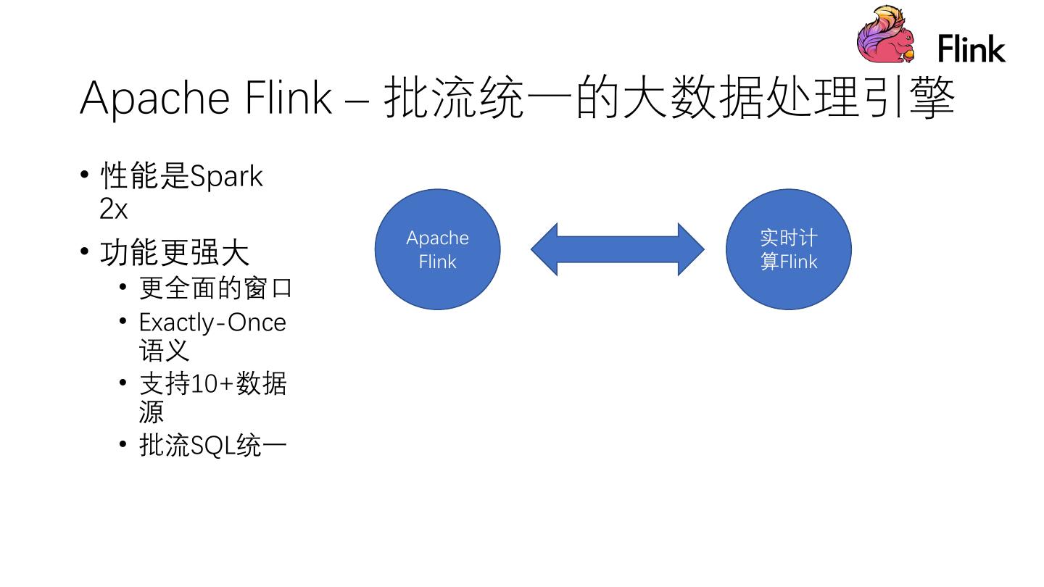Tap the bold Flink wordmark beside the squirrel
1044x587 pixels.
click(971, 49)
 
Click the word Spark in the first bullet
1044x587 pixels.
click(225, 176)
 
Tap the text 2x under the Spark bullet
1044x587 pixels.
click(113, 209)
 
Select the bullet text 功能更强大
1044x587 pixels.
click(175, 253)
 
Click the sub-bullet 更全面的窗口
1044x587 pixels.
click(215, 288)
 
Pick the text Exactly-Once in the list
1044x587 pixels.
click(212, 322)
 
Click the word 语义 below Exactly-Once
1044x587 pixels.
click(164, 351)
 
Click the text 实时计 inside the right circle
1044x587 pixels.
click(788, 238)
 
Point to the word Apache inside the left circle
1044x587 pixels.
click(437, 238)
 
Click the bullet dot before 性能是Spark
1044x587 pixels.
click(85, 175)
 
